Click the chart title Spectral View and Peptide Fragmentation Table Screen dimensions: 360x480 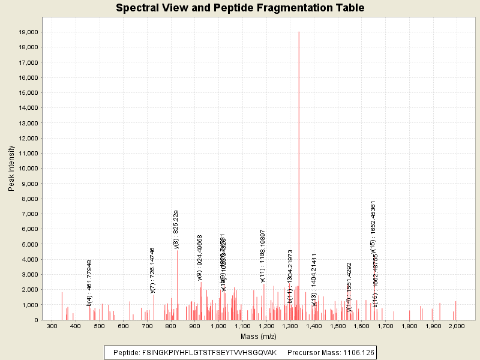pos(240,8)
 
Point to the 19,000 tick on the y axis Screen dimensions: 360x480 pos(29,32)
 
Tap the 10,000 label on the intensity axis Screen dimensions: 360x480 pos(29,169)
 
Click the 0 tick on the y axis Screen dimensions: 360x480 pos(37,320)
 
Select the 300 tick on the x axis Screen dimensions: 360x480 pos(52,326)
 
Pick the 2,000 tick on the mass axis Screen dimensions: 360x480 pos(456,326)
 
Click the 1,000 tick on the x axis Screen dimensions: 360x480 pos(218,326)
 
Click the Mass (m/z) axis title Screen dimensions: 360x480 pos(257,337)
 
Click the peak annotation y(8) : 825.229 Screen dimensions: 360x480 pos(176,229)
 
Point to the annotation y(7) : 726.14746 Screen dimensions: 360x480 pos(153,270)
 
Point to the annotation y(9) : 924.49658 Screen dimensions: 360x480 pos(200,258)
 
